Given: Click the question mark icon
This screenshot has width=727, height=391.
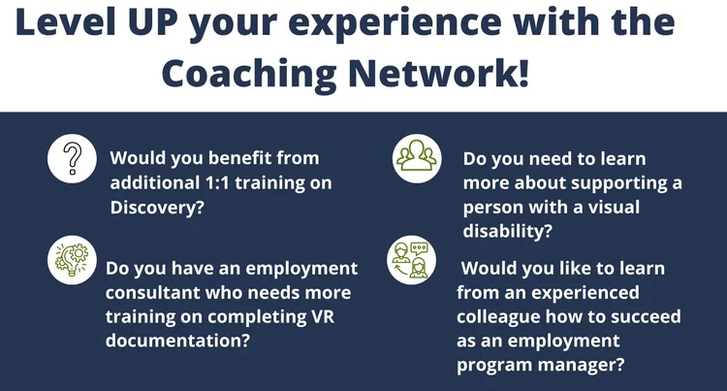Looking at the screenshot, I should tap(71, 158).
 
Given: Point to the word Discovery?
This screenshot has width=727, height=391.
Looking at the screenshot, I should tap(157, 205).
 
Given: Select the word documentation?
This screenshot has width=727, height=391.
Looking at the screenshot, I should tap(165, 340).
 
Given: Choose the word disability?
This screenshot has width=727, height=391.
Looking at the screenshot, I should tap(507, 231).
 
